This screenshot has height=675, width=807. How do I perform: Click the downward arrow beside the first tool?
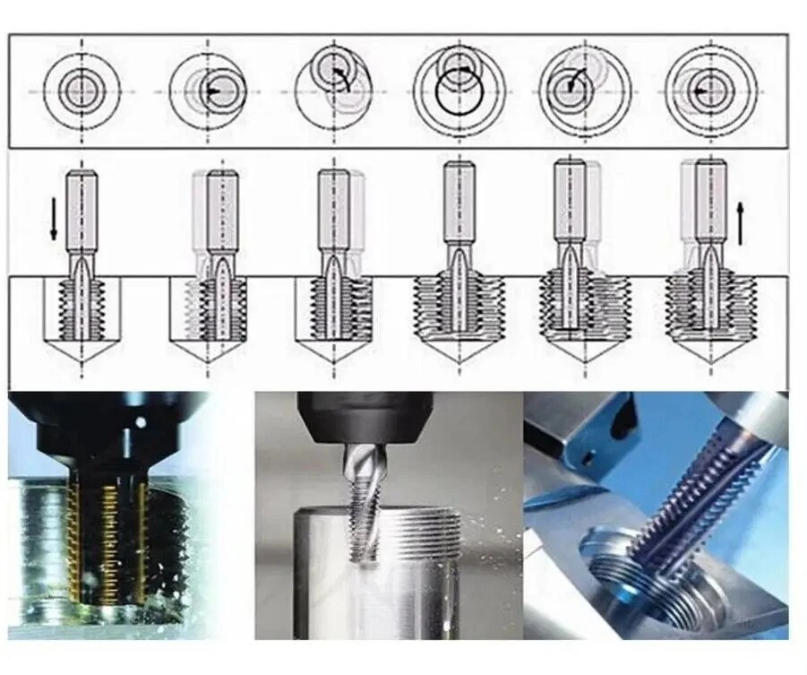click(54, 218)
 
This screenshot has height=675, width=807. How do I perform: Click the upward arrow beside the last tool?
click(740, 223)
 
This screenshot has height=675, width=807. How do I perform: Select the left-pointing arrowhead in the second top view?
click(211, 91)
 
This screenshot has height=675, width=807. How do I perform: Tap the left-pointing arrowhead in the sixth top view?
click(700, 91)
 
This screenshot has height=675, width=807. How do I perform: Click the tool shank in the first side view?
click(82, 211)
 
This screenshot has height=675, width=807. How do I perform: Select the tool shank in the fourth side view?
click(459, 202)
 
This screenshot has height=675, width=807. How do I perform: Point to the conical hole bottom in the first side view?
click(82, 350)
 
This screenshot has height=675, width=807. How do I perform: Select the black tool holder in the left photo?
click(99, 430)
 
